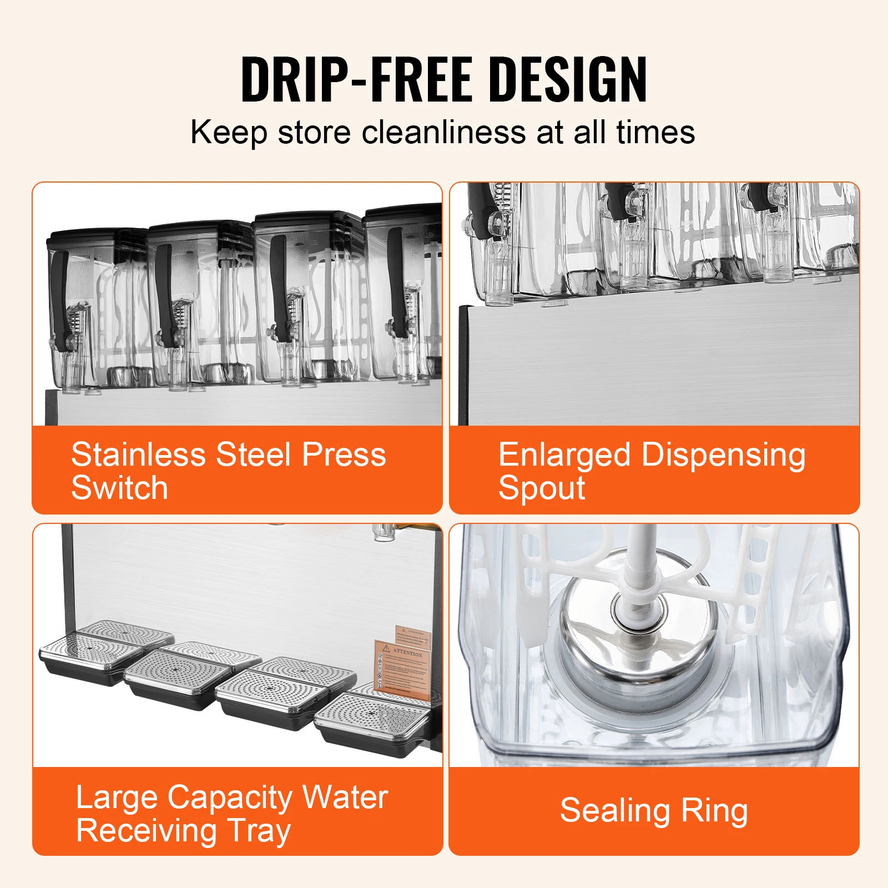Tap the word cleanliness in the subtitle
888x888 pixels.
click(443, 133)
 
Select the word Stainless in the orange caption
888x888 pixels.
click(139, 455)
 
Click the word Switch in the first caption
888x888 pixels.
click(119, 488)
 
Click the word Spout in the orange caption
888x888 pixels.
click(542, 488)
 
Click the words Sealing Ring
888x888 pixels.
click(654, 811)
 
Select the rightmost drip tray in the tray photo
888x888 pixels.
click(372, 722)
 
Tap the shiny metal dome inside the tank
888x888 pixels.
click(638, 638)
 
